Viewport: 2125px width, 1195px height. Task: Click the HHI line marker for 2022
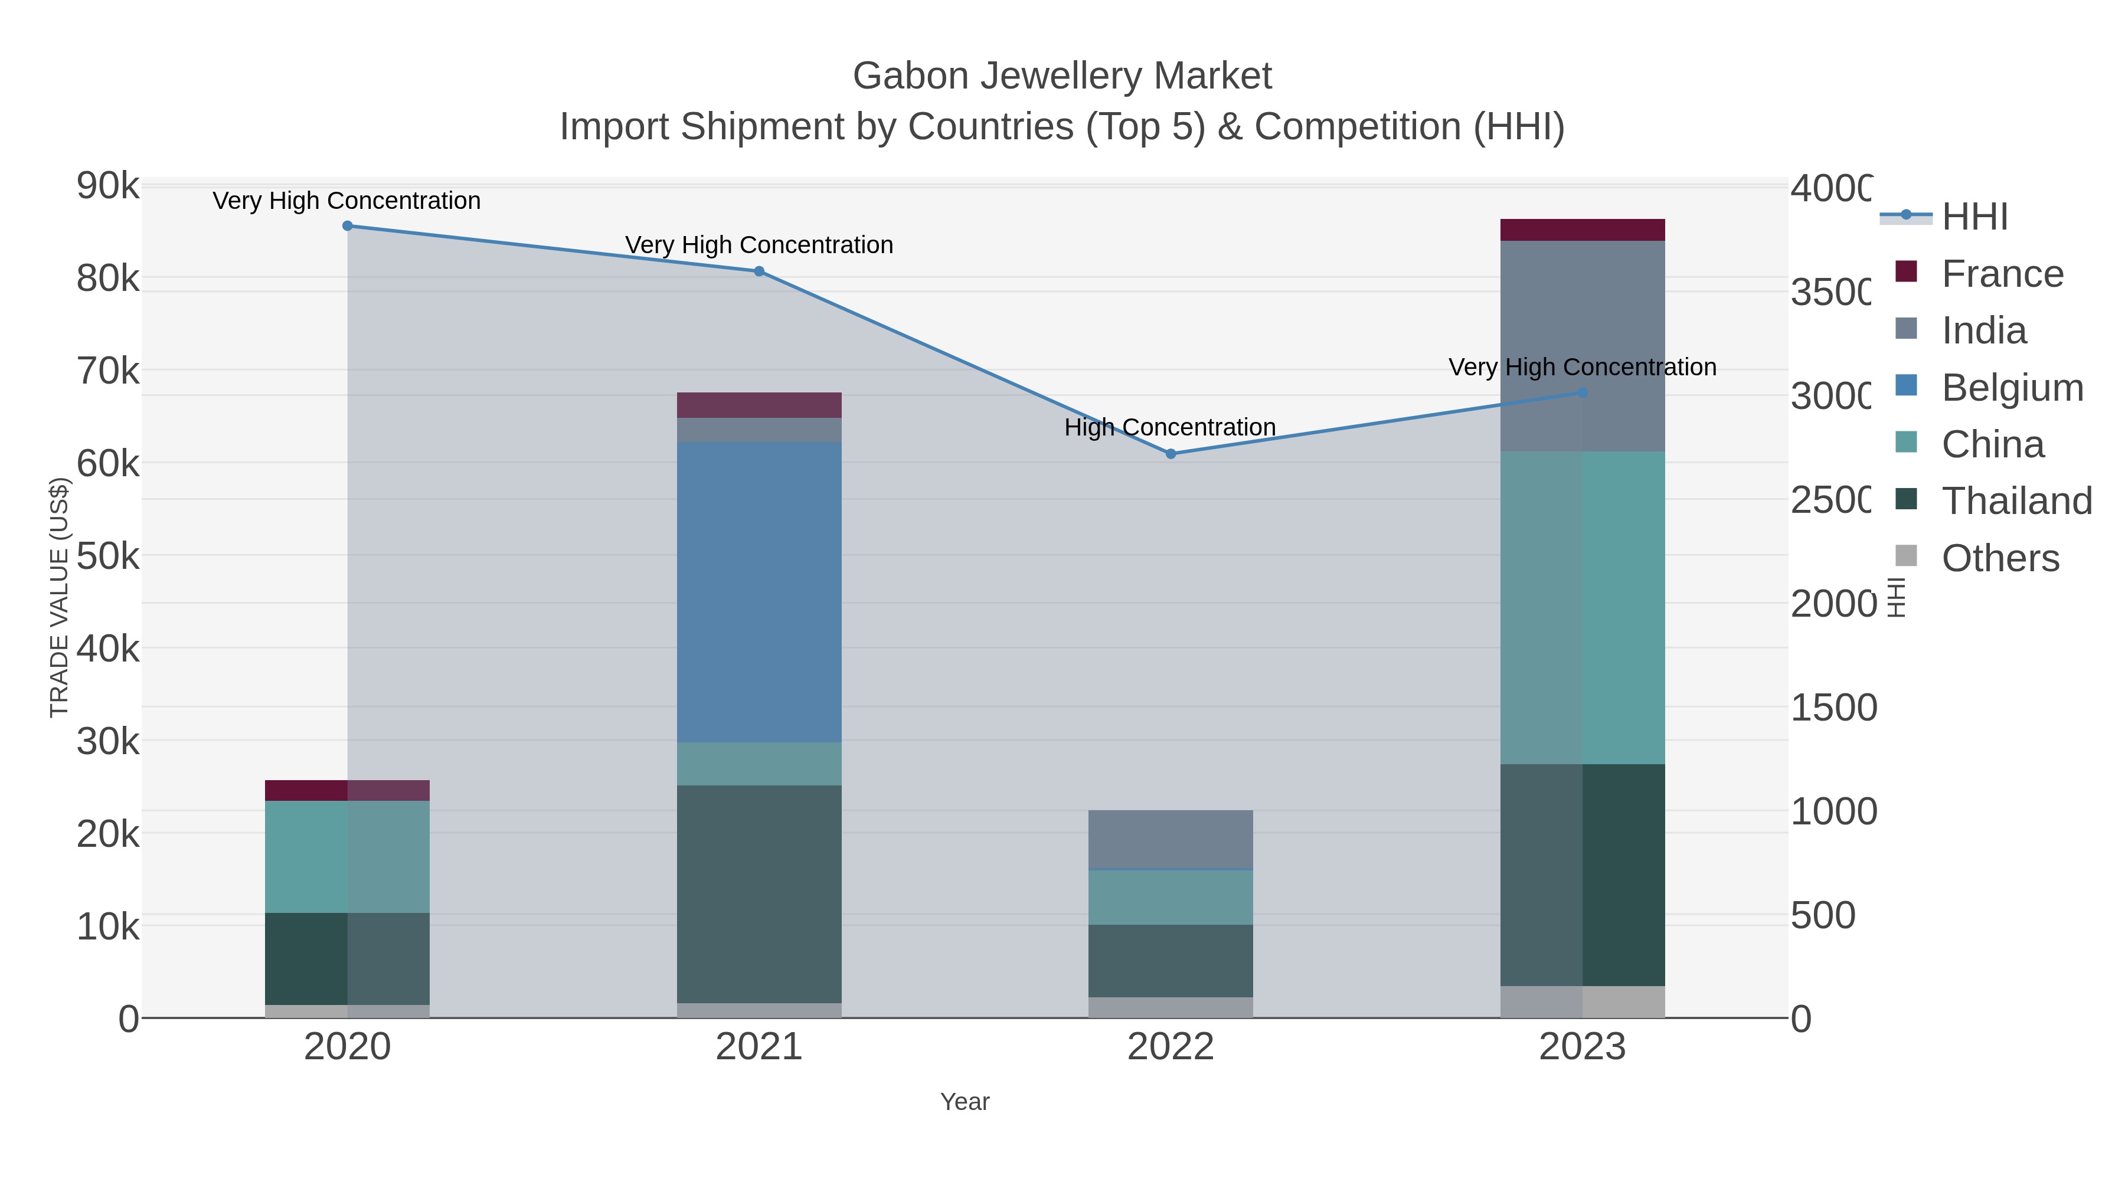(x=1170, y=454)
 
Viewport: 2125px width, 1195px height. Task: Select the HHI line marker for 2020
(x=347, y=226)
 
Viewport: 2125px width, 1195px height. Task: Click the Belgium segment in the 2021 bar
(x=759, y=592)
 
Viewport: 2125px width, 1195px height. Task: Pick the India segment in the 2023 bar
(x=1582, y=346)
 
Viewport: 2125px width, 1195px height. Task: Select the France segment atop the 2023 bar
(x=1582, y=230)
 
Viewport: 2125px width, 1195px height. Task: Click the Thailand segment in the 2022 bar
(x=1170, y=961)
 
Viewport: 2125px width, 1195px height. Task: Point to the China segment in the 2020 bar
(x=347, y=857)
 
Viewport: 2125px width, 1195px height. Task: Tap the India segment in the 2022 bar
(x=1170, y=840)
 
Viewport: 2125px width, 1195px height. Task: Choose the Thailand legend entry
(x=2016, y=502)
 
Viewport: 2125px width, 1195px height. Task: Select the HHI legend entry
(x=1974, y=217)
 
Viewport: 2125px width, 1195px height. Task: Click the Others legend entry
(x=2000, y=558)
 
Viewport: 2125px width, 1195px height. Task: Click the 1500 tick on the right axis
(x=1833, y=708)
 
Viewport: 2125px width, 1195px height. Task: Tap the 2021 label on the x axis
(x=759, y=1047)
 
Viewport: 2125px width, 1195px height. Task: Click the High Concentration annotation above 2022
(x=1170, y=427)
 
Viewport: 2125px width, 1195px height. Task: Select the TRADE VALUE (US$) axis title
(x=60, y=597)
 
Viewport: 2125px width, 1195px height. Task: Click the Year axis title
(x=965, y=1102)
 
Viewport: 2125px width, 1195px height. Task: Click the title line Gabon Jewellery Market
(x=1062, y=76)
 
